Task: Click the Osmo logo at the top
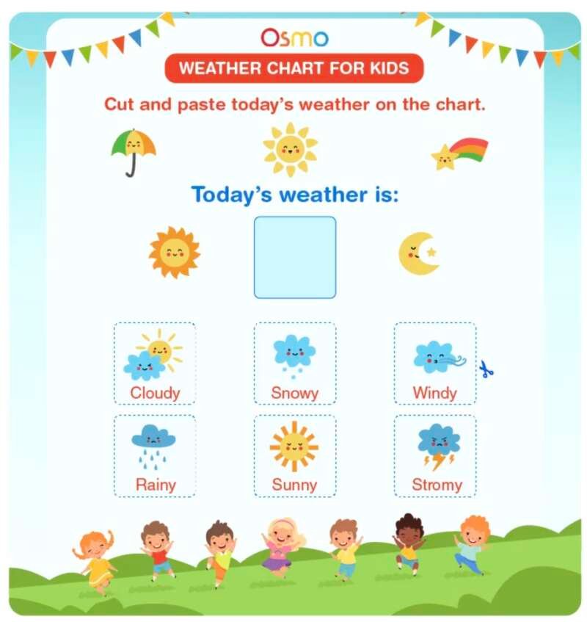tap(294, 37)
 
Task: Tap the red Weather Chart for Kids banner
tap(294, 69)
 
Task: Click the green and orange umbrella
tap(133, 151)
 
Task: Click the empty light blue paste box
tap(295, 257)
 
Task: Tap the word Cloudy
tap(155, 393)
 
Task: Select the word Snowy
tap(294, 393)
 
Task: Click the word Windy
tap(434, 393)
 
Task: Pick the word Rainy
tap(155, 485)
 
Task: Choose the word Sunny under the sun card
tap(294, 485)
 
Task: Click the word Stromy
tap(437, 485)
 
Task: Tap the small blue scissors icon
tap(486, 369)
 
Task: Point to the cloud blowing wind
tap(438, 356)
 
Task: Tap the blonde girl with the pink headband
tap(283, 544)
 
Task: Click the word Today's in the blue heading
tap(232, 195)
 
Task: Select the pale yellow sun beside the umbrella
tap(291, 150)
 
